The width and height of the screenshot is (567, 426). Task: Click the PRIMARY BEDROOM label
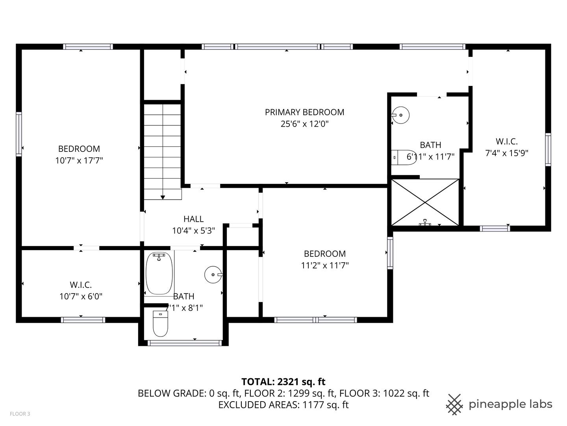(304, 112)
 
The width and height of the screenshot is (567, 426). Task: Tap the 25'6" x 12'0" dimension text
(304, 124)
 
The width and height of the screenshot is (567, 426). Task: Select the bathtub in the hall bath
(159, 274)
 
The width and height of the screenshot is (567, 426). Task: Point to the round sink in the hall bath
(213, 275)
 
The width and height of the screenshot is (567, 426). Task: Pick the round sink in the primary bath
(401, 115)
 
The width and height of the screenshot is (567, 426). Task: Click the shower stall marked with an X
(425, 203)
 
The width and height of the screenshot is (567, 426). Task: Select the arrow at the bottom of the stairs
(163, 197)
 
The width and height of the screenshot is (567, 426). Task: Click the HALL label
(193, 219)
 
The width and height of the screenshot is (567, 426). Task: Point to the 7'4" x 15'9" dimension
(506, 153)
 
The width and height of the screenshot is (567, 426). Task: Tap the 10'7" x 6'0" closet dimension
(81, 296)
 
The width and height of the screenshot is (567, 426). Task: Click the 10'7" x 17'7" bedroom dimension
(79, 161)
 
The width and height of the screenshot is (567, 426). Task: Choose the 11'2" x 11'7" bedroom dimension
(325, 265)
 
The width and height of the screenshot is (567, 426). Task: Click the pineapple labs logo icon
(454, 404)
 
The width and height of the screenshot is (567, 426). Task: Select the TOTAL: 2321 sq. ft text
(283, 381)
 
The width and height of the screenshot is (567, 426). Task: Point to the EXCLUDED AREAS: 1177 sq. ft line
(283, 405)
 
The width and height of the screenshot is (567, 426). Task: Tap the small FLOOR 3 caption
(20, 414)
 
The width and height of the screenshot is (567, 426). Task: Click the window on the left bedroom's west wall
(19, 134)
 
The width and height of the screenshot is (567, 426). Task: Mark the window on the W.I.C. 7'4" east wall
(548, 149)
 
